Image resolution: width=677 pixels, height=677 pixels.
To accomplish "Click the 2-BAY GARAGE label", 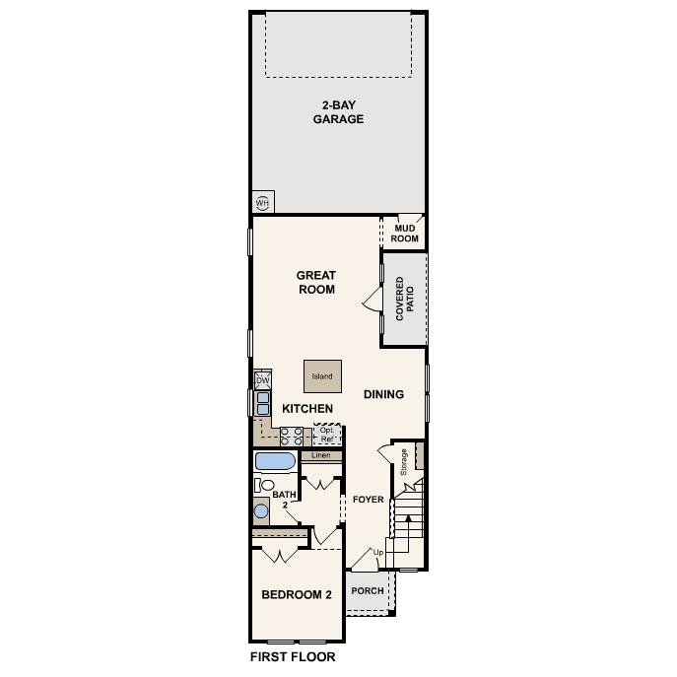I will point(338,112).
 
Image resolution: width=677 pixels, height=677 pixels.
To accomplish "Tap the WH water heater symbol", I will point(262,203).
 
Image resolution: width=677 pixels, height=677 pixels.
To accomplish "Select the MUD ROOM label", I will point(406,234).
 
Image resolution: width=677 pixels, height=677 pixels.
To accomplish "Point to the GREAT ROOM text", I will point(316,283).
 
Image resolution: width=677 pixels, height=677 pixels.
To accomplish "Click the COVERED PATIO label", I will point(405,300).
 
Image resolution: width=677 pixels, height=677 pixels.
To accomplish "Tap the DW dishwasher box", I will point(262,380).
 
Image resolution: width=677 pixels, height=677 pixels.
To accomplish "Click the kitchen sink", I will point(263,402).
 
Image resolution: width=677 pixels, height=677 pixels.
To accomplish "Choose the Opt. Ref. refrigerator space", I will point(327,434).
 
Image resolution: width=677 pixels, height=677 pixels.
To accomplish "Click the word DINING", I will point(383,394).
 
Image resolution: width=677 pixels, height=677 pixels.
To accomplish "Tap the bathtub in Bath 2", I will point(275,461).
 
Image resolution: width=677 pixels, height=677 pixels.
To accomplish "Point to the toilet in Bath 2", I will point(265,484).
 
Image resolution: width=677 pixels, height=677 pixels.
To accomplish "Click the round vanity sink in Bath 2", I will point(262,509).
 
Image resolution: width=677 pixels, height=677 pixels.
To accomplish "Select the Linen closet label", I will point(321,456).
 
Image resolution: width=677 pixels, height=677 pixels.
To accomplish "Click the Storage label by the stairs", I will point(403,462).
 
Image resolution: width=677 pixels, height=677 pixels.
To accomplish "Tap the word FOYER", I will point(368,500).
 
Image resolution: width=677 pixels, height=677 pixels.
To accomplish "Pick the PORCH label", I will point(368,591).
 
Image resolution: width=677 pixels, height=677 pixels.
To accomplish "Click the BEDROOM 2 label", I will point(296,594).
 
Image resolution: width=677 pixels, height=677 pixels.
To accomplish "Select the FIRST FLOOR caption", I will point(293,656).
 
